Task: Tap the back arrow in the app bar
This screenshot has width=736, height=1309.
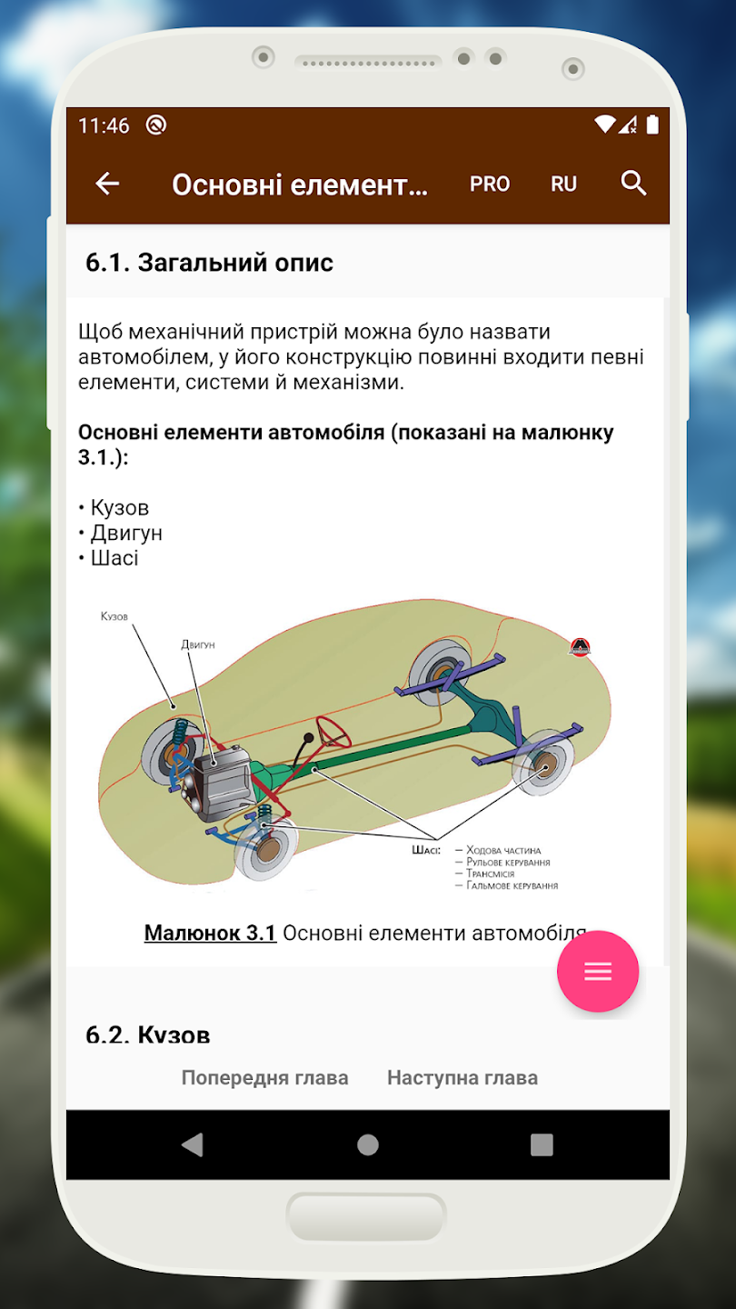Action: [x=107, y=184]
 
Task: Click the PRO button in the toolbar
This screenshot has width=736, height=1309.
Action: [x=490, y=184]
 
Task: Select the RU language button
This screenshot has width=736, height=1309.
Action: [x=563, y=184]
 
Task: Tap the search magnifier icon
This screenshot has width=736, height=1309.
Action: [x=633, y=184]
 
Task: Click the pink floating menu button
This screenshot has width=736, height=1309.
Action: [x=598, y=972]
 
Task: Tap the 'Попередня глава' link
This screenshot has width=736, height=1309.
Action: [x=264, y=1078]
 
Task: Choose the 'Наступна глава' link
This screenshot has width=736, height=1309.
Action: [x=462, y=1078]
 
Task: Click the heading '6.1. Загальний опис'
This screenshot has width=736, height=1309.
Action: [x=210, y=263]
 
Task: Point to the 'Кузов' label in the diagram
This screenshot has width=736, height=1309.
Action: [x=114, y=616]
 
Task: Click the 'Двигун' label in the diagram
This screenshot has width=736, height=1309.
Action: [x=197, y=645]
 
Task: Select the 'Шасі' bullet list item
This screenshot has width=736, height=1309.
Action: [x=114, y=557]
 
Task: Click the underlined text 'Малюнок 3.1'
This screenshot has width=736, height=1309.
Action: [x=210, y=933]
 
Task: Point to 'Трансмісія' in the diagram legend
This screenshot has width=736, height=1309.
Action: [x=490, y=874]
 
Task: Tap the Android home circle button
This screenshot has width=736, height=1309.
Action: [x=368, y=1144]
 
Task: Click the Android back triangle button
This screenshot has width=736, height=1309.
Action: [x=192, y=1144]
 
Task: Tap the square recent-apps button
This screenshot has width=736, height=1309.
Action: [x=542, y=1144]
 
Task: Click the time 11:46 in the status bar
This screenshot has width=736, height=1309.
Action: [x=104, y=125]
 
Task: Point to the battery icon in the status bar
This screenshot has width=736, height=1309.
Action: [x=652, y=125]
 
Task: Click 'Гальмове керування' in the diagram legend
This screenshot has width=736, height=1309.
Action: [x=512, y=885]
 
